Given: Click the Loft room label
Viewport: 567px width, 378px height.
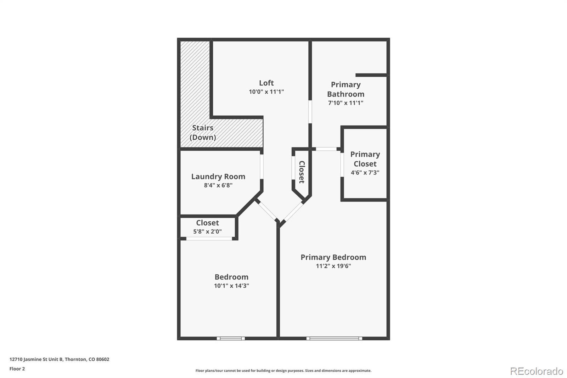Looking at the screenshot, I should coord(266,83).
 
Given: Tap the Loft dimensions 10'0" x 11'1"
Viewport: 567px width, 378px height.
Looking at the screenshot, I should coord(266,92).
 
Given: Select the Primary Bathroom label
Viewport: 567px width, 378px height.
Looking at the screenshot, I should coord(346,89).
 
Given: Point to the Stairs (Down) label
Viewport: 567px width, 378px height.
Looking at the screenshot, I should coord(203,132).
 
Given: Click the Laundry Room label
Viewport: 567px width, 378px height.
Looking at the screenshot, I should coord(218,177).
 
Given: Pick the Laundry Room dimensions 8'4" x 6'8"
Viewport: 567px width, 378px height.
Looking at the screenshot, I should coord(218,185).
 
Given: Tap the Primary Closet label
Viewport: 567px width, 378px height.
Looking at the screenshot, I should coord(365,159).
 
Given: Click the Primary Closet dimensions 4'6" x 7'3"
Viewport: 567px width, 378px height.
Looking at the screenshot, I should coord(365,173).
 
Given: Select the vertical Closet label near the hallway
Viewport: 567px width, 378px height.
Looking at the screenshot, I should coord(302,172).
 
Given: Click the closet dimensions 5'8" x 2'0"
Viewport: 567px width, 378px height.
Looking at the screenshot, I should coord(207,232).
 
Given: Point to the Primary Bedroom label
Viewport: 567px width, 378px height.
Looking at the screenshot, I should coord(333,257).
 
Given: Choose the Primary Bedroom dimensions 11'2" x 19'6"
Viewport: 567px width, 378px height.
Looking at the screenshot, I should coord(333,266).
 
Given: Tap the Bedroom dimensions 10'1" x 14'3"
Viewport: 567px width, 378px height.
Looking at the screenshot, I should coord(231,286).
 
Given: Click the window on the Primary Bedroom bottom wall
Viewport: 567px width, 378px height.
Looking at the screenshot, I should coord(334,339).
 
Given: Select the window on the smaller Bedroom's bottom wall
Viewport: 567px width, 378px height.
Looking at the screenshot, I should coord(231,339).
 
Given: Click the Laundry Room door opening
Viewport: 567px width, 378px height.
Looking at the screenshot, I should coord(262,166).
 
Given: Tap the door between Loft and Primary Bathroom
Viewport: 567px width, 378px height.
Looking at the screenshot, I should coord(310,112).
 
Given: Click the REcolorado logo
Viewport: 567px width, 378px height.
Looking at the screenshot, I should coord(537,371).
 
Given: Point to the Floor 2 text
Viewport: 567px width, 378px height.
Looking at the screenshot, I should coord(17,369).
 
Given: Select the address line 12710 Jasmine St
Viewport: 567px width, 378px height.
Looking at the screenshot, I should coord(59,359).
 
